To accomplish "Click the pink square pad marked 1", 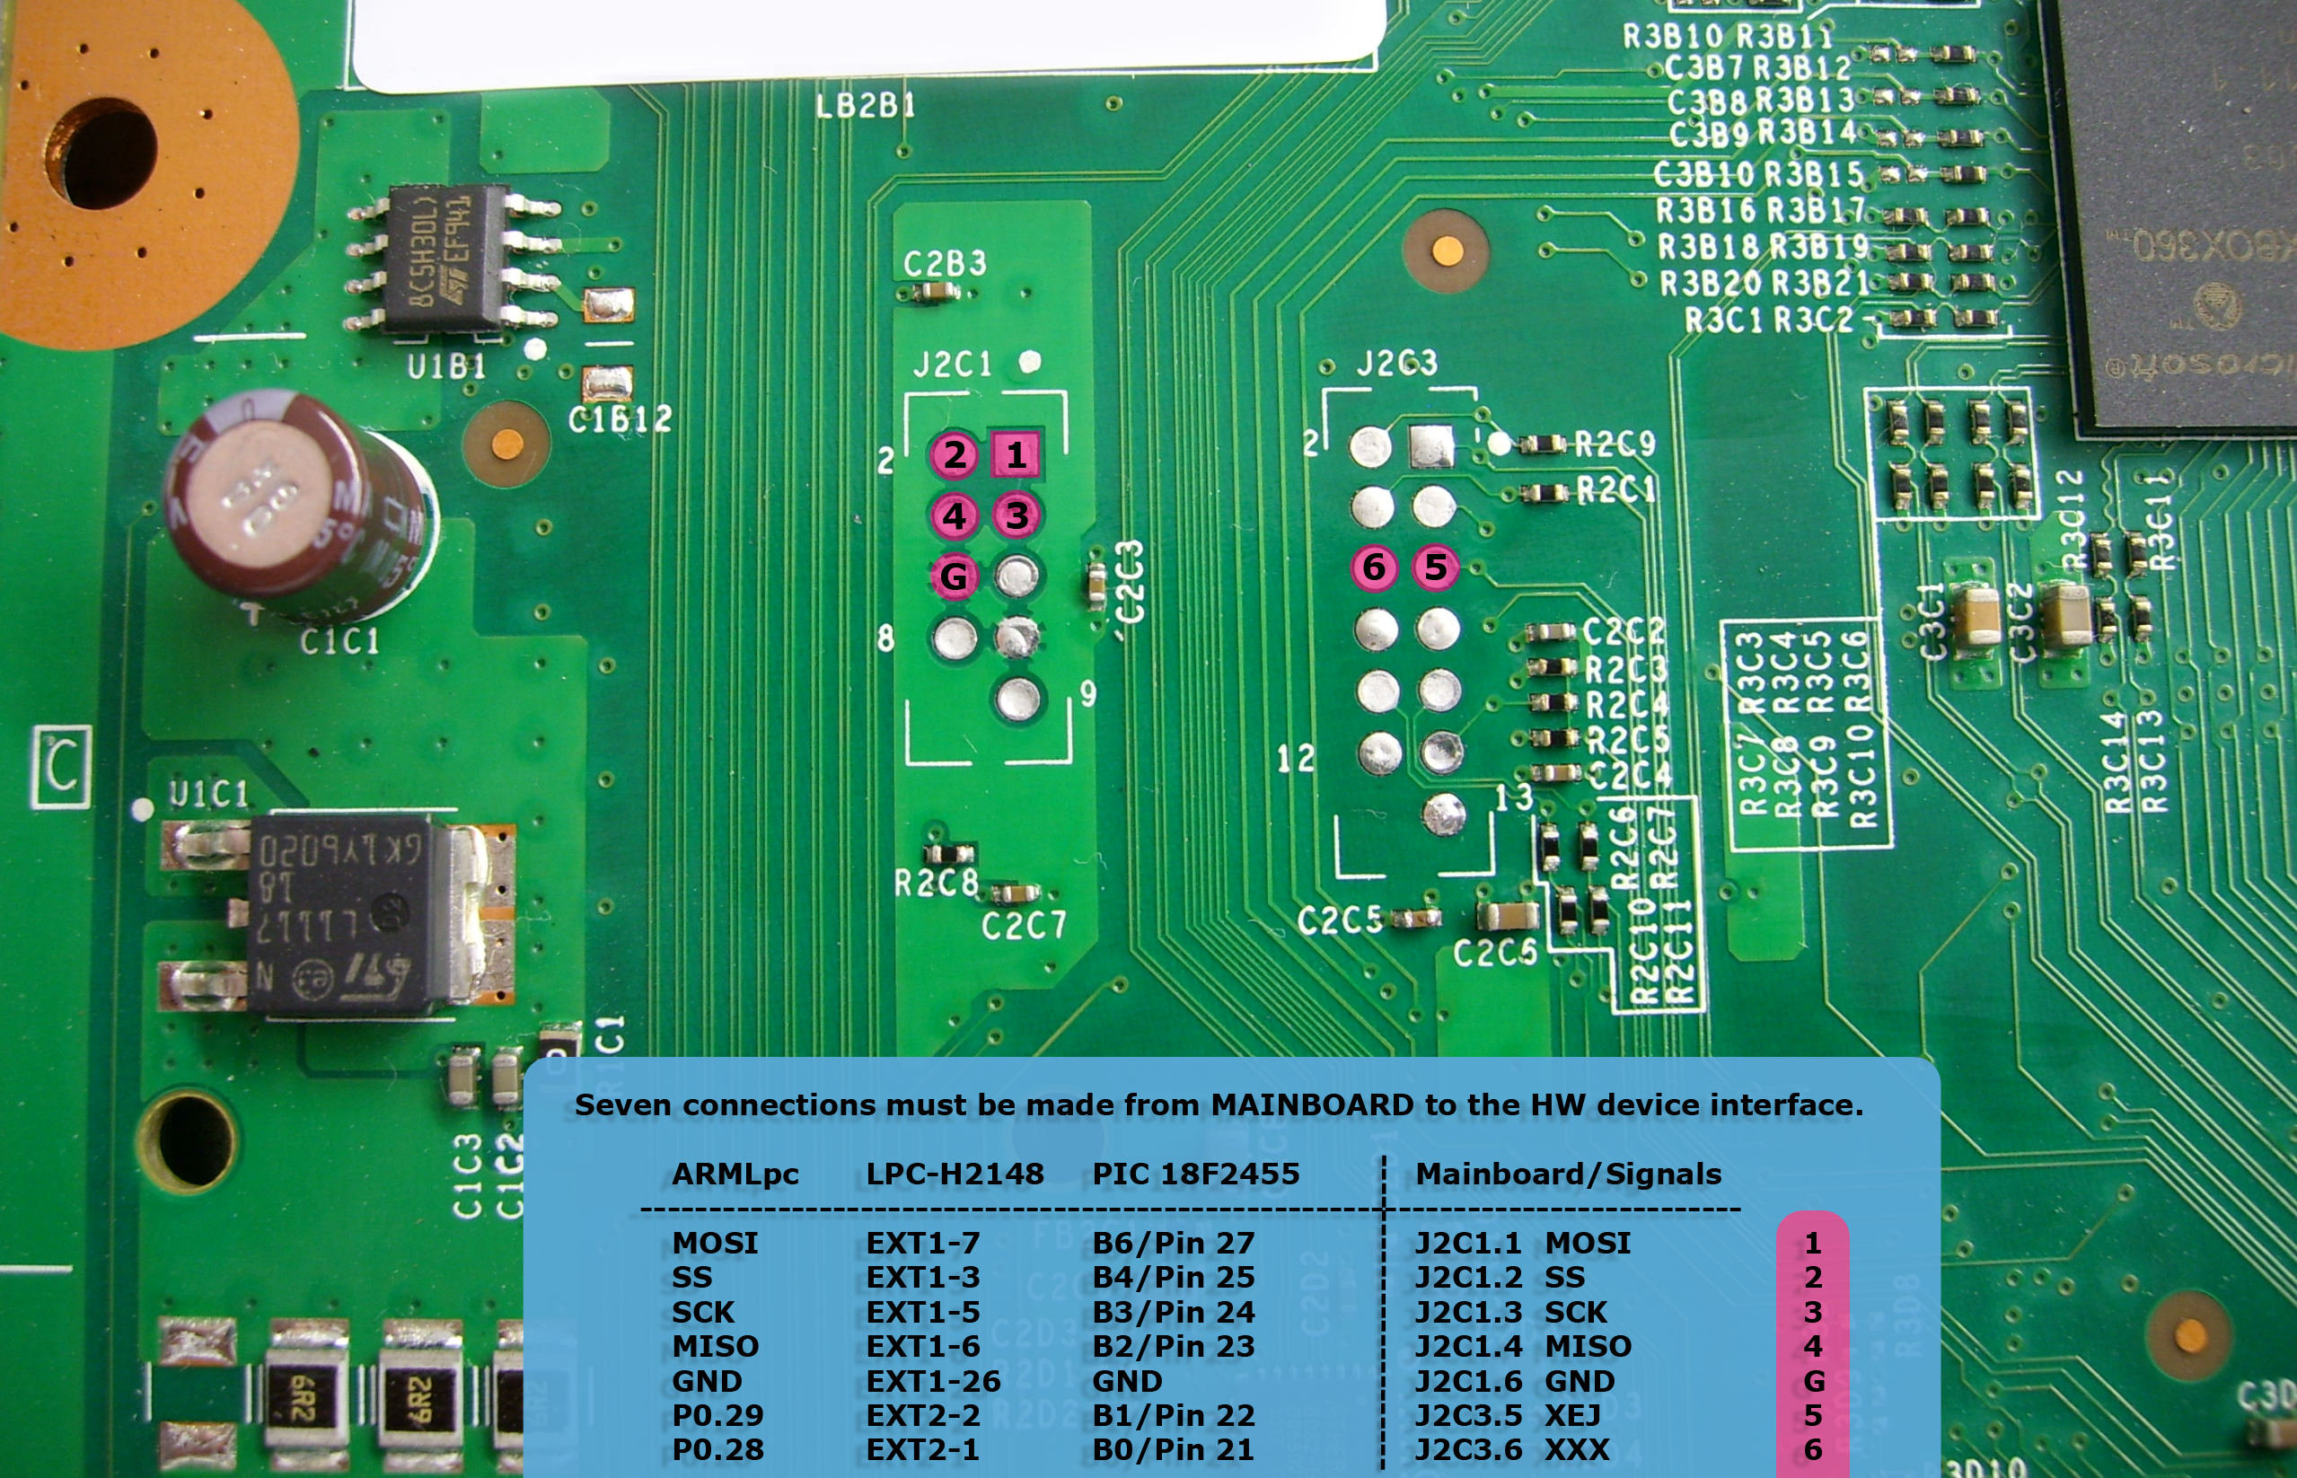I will pos(1015,455).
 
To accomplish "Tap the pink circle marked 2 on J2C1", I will pos(954,455).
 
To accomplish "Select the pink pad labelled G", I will pos(954,576).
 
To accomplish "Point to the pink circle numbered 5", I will pos(1435,567).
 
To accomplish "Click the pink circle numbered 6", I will pos(1374,567).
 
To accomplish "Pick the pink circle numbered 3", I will pos(1016,515).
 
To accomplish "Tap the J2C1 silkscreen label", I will pos(952,365).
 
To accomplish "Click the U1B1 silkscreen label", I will pos(446,365).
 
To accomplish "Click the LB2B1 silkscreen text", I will pos(865,106).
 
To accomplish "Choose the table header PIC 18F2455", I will pos(1195,1174).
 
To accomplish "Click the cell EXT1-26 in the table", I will pos(933,1381).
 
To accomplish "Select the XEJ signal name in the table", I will pos(1571,1416).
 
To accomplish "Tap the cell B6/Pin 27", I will pos(1173,1243).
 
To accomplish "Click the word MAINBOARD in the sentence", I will pos(1312,1104).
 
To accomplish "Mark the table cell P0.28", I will pos(717,1450).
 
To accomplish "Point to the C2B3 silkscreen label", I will pos(944,263).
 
